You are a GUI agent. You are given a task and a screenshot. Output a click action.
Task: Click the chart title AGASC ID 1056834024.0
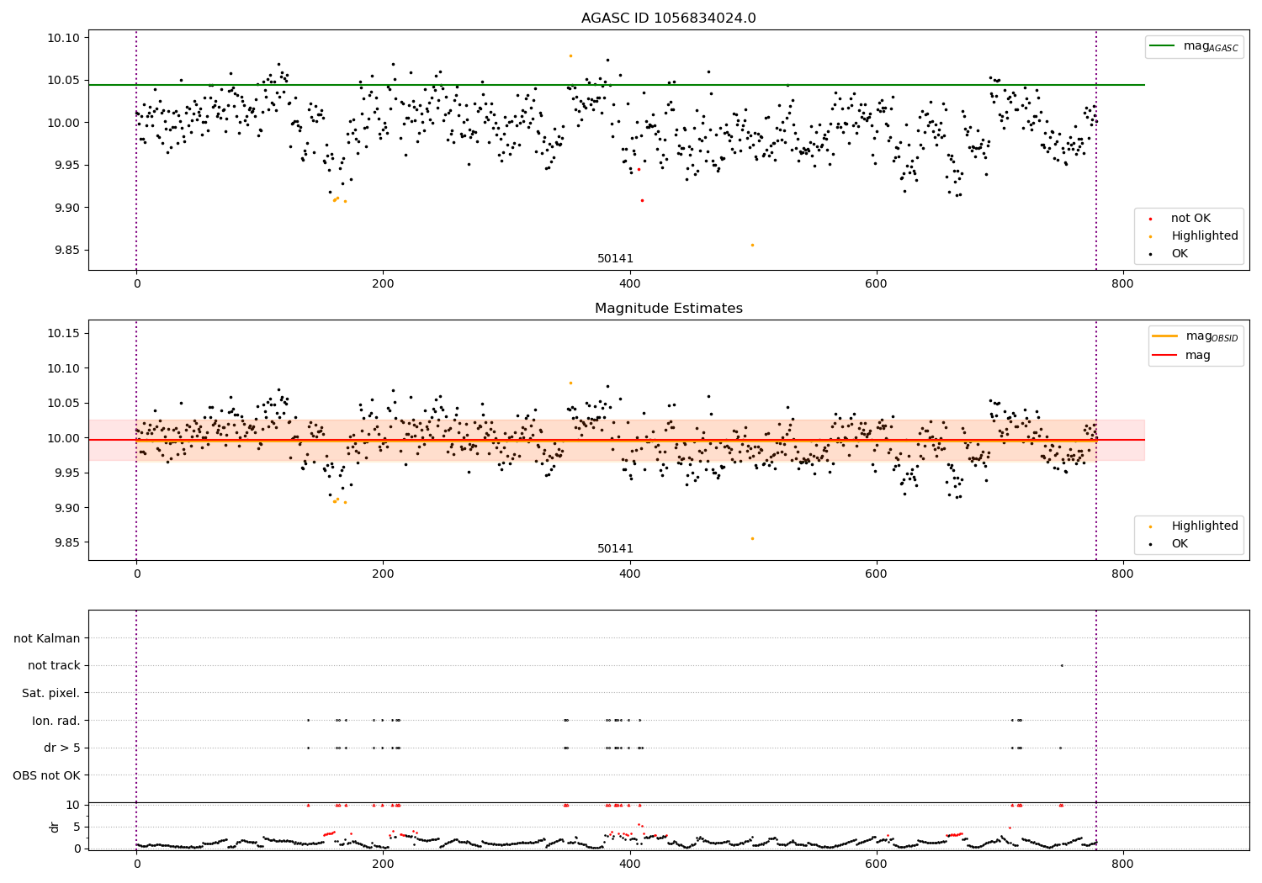(668, 18)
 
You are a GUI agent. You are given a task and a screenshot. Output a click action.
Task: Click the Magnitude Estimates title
(668, 308)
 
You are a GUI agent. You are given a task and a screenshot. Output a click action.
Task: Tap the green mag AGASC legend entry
(1194, 46)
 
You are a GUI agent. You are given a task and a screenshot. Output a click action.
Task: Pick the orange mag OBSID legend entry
(1195, 336)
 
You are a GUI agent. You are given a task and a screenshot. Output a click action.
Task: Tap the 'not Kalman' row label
(47, 638)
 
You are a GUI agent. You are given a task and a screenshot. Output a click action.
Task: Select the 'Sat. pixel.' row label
(50, 693)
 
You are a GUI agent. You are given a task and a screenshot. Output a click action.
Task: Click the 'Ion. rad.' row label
(56, 720)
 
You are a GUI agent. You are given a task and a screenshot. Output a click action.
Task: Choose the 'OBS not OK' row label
(46, 775)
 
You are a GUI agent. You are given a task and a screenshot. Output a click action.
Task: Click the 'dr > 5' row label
(62, 748)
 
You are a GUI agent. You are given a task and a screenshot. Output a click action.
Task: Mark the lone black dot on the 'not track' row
(1062, 666)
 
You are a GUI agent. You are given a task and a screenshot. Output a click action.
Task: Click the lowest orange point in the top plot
(752, 245)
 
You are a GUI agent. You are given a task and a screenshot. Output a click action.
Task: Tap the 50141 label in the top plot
(615, 258)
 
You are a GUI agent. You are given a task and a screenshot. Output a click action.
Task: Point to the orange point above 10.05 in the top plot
(570, 56)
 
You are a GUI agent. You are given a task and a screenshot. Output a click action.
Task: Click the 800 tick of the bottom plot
(1122, 864)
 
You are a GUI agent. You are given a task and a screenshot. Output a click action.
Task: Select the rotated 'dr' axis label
(54, 827)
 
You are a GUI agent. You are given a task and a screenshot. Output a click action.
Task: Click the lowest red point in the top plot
(642, 200)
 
